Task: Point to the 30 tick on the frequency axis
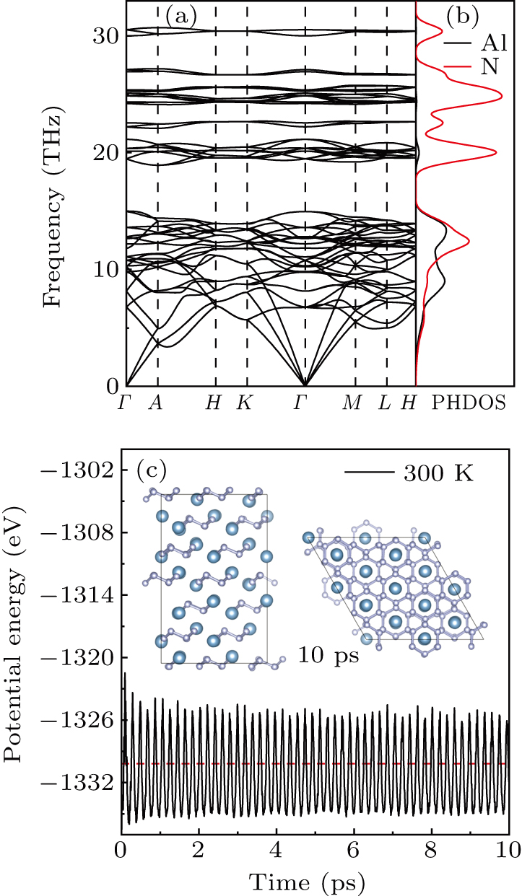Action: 107,35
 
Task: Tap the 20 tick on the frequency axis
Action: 107,152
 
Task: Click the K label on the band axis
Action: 245,403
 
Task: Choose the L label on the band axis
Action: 385,403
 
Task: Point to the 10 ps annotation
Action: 329,657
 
